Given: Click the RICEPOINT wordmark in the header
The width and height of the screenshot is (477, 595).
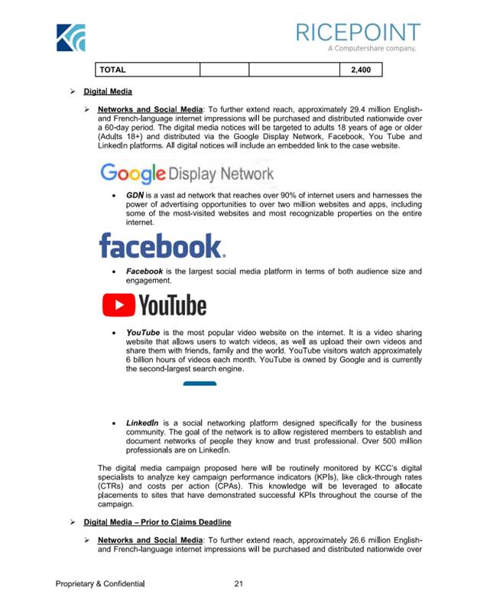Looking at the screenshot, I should (x=358, y=32).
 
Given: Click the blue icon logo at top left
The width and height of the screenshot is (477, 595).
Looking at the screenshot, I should (x=70, y=37).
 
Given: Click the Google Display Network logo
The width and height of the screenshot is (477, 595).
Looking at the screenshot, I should (x=187, y=173).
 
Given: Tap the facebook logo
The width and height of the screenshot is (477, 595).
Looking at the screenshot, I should (x=162, y=246).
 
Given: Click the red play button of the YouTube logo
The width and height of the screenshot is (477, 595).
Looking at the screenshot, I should (x=118, y=306).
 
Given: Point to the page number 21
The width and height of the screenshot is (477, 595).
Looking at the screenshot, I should (x=238, y=584).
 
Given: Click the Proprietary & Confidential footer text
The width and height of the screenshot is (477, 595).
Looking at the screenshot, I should (x=100, y=584).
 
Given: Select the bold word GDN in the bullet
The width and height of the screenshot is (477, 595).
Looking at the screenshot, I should (x=135, y=196).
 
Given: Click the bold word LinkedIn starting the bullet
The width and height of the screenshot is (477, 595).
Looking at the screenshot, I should (x=142, y=422).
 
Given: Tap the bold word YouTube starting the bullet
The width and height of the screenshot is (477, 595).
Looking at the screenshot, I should (x=143, y=333).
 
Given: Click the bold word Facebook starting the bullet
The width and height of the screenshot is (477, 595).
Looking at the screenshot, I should (x=144, y=271).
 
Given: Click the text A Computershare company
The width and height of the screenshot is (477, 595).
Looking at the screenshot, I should (x=372, y=49).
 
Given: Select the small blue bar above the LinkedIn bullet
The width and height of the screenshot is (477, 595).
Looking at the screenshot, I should (x=200, y=383).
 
